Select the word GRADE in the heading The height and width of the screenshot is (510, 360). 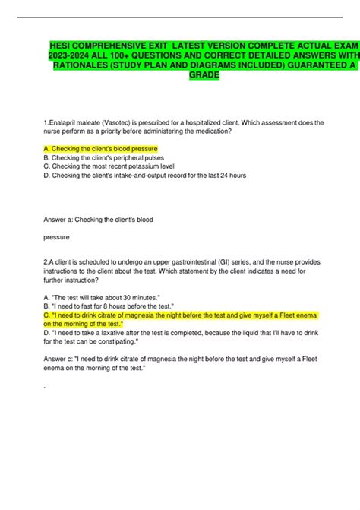point(200,75)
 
